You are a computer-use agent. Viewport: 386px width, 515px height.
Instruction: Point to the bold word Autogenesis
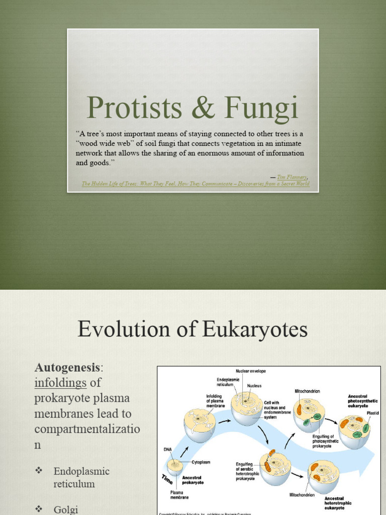[x=69, y=368]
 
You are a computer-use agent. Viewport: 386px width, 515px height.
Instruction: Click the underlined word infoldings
[x=60, y=383]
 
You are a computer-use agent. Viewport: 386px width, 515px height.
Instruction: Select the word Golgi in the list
[x=65, y=509]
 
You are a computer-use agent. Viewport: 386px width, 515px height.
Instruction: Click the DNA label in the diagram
[x=167, y=449]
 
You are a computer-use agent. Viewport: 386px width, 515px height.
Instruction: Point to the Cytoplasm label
[x=202, y=462]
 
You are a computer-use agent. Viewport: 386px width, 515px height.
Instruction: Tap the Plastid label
[x=372, y=413]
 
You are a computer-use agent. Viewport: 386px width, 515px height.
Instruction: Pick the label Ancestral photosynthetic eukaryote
[x=362, y=401]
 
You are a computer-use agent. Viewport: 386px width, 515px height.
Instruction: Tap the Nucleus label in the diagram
[x=254, y=386]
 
